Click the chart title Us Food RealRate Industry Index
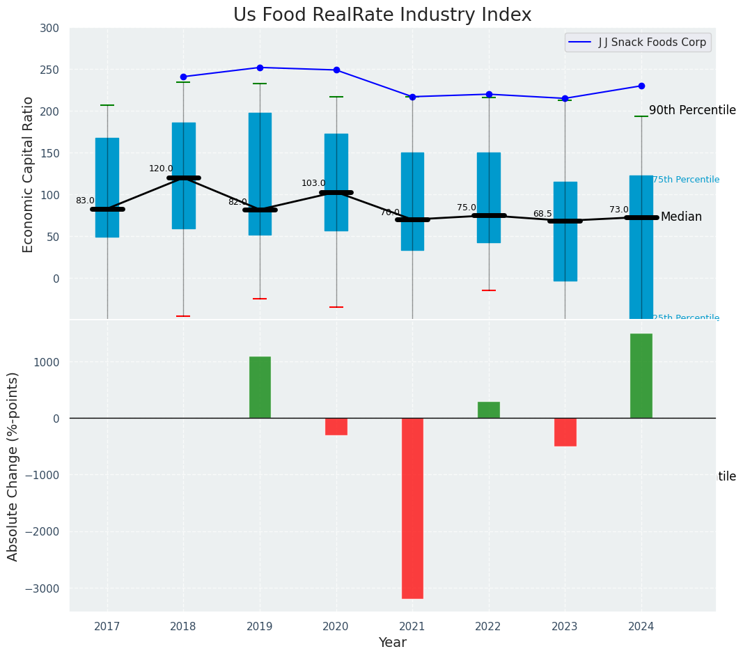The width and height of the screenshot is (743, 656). pos(382,15)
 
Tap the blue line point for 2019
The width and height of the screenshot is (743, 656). pos(260,68)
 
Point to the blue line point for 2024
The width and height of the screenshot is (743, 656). pos(641,86)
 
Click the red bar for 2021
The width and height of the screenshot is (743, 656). pos(412,508)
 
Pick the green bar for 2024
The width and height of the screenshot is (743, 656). pos(641,376)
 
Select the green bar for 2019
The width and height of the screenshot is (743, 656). pos(260,387)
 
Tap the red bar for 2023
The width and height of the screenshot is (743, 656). pos(565,432)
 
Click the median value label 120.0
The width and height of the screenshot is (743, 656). pos(161,169)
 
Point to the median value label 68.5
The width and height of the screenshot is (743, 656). pos(542,214)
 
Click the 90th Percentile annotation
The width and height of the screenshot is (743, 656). pos(692,111)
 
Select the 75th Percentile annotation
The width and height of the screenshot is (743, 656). pos(686,180)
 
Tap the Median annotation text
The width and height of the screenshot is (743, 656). pos(681,217)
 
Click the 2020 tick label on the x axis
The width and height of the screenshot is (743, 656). pos(336,627)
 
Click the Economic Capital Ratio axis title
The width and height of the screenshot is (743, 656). pos(29,174)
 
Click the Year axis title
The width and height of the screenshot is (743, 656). pos(393,643)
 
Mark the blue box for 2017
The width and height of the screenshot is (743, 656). pos(107,187)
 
